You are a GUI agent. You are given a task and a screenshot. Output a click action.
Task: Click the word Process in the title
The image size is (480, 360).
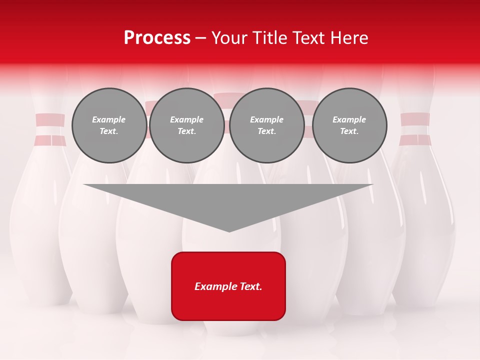pyautogui.click(x=157, y=38)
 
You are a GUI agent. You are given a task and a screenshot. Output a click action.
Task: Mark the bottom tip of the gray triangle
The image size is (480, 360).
pyautogui.click(x=229, y=231)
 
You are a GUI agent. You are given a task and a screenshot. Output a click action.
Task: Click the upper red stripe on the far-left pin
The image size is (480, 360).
pyautogui.click(x=50, y=120)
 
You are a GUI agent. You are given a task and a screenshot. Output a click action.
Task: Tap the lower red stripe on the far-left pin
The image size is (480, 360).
pyautogui.click(x=50, y=140)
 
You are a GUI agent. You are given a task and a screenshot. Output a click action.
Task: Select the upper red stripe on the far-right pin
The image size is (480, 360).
pyautogui.click(x=415, y=119)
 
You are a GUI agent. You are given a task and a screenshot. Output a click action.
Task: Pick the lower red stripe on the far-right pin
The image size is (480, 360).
pyautogui.click(x=415, y=140)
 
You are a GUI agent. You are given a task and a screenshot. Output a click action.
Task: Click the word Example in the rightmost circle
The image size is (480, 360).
pyautogui.click(x=349, y=119)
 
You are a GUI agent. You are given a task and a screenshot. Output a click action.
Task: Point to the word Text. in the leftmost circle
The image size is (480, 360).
pyautogui.click(x=109, y=131)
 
